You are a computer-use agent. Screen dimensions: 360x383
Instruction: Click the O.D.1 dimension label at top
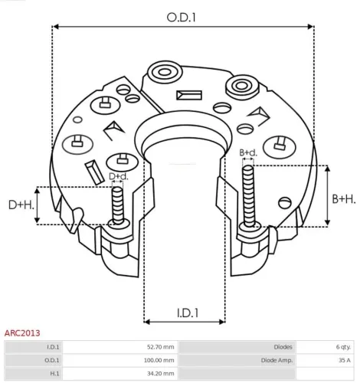click(181, 18)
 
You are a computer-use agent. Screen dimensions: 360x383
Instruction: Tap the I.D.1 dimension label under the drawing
click(188, 313)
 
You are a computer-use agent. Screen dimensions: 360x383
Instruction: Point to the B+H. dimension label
click(344, 199)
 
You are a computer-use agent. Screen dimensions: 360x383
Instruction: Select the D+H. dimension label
click(21, 205)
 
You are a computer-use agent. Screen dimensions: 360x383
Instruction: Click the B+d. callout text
click(248, 152)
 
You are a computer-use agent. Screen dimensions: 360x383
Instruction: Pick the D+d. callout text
click(119, 176)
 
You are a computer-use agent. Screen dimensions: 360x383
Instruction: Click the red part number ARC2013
click(22, 333)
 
